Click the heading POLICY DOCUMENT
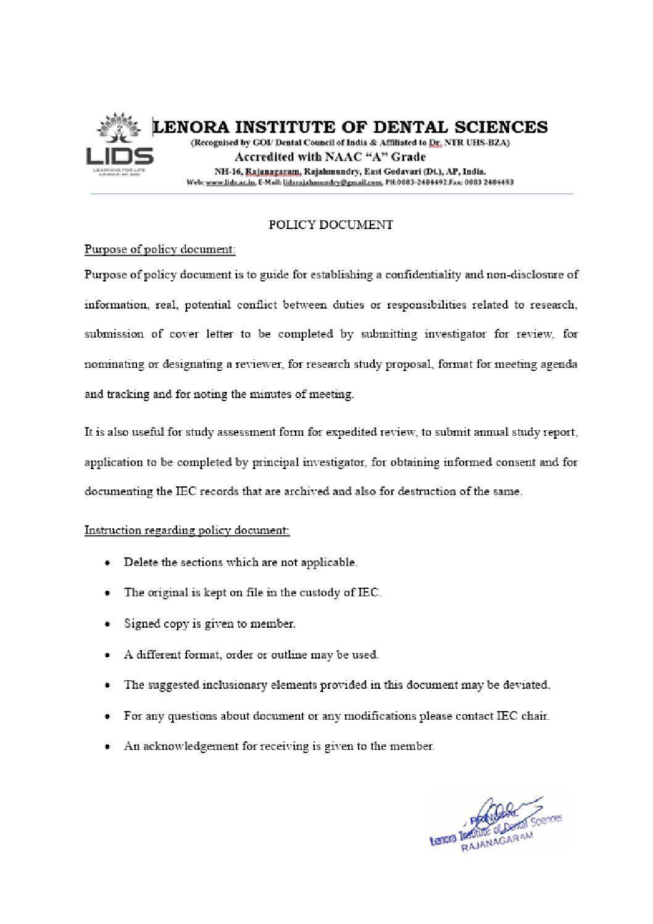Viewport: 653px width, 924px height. tap(331, 225)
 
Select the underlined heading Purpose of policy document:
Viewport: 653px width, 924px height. tap(160, 249)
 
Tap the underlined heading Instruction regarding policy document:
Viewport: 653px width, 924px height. tap(187, 530)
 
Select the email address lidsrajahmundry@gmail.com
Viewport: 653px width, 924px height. tap(333, 183)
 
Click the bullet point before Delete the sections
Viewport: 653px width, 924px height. tap(109, 564)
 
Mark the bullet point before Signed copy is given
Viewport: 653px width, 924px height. tap(109, 625)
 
